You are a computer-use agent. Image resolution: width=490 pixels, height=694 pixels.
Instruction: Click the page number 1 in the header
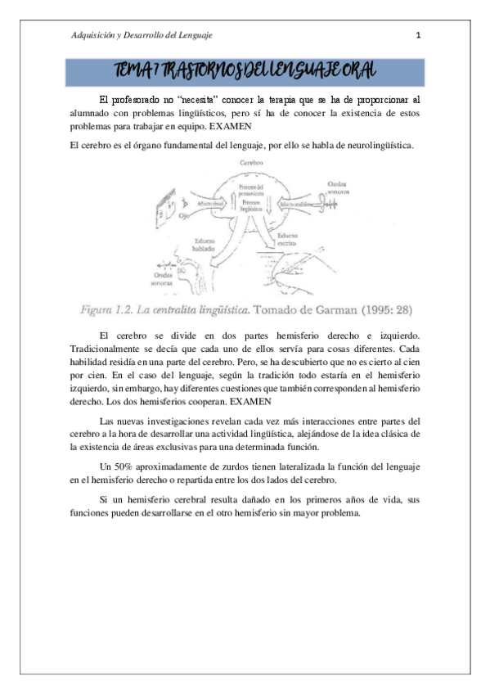(418, 35)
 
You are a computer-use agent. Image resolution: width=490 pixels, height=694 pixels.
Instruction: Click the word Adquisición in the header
(92, 35)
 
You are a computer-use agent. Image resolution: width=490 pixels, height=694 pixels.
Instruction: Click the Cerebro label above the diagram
(251, 164)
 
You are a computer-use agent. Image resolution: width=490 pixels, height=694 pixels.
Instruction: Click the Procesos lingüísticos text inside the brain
(250, 205)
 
